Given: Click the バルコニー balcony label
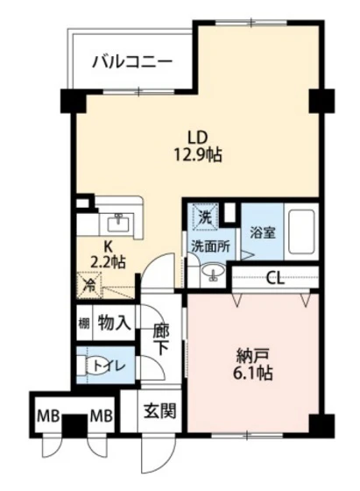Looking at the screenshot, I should pyautogui.click(x=131, y=63).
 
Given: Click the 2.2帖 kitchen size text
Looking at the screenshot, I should pyautogui.click(x=107, y=262).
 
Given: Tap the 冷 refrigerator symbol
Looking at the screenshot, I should pyautogui.click(x=89, y=283).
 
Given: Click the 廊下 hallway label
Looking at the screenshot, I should pyautogui.click(x=161, y=339).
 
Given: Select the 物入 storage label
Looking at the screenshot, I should pyautogui.click(x=114, y=322).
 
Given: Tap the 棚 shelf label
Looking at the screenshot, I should pyautogui.click(x=83, y=322).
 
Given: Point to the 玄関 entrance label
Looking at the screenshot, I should pyautogui.click(x=159, y=410).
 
